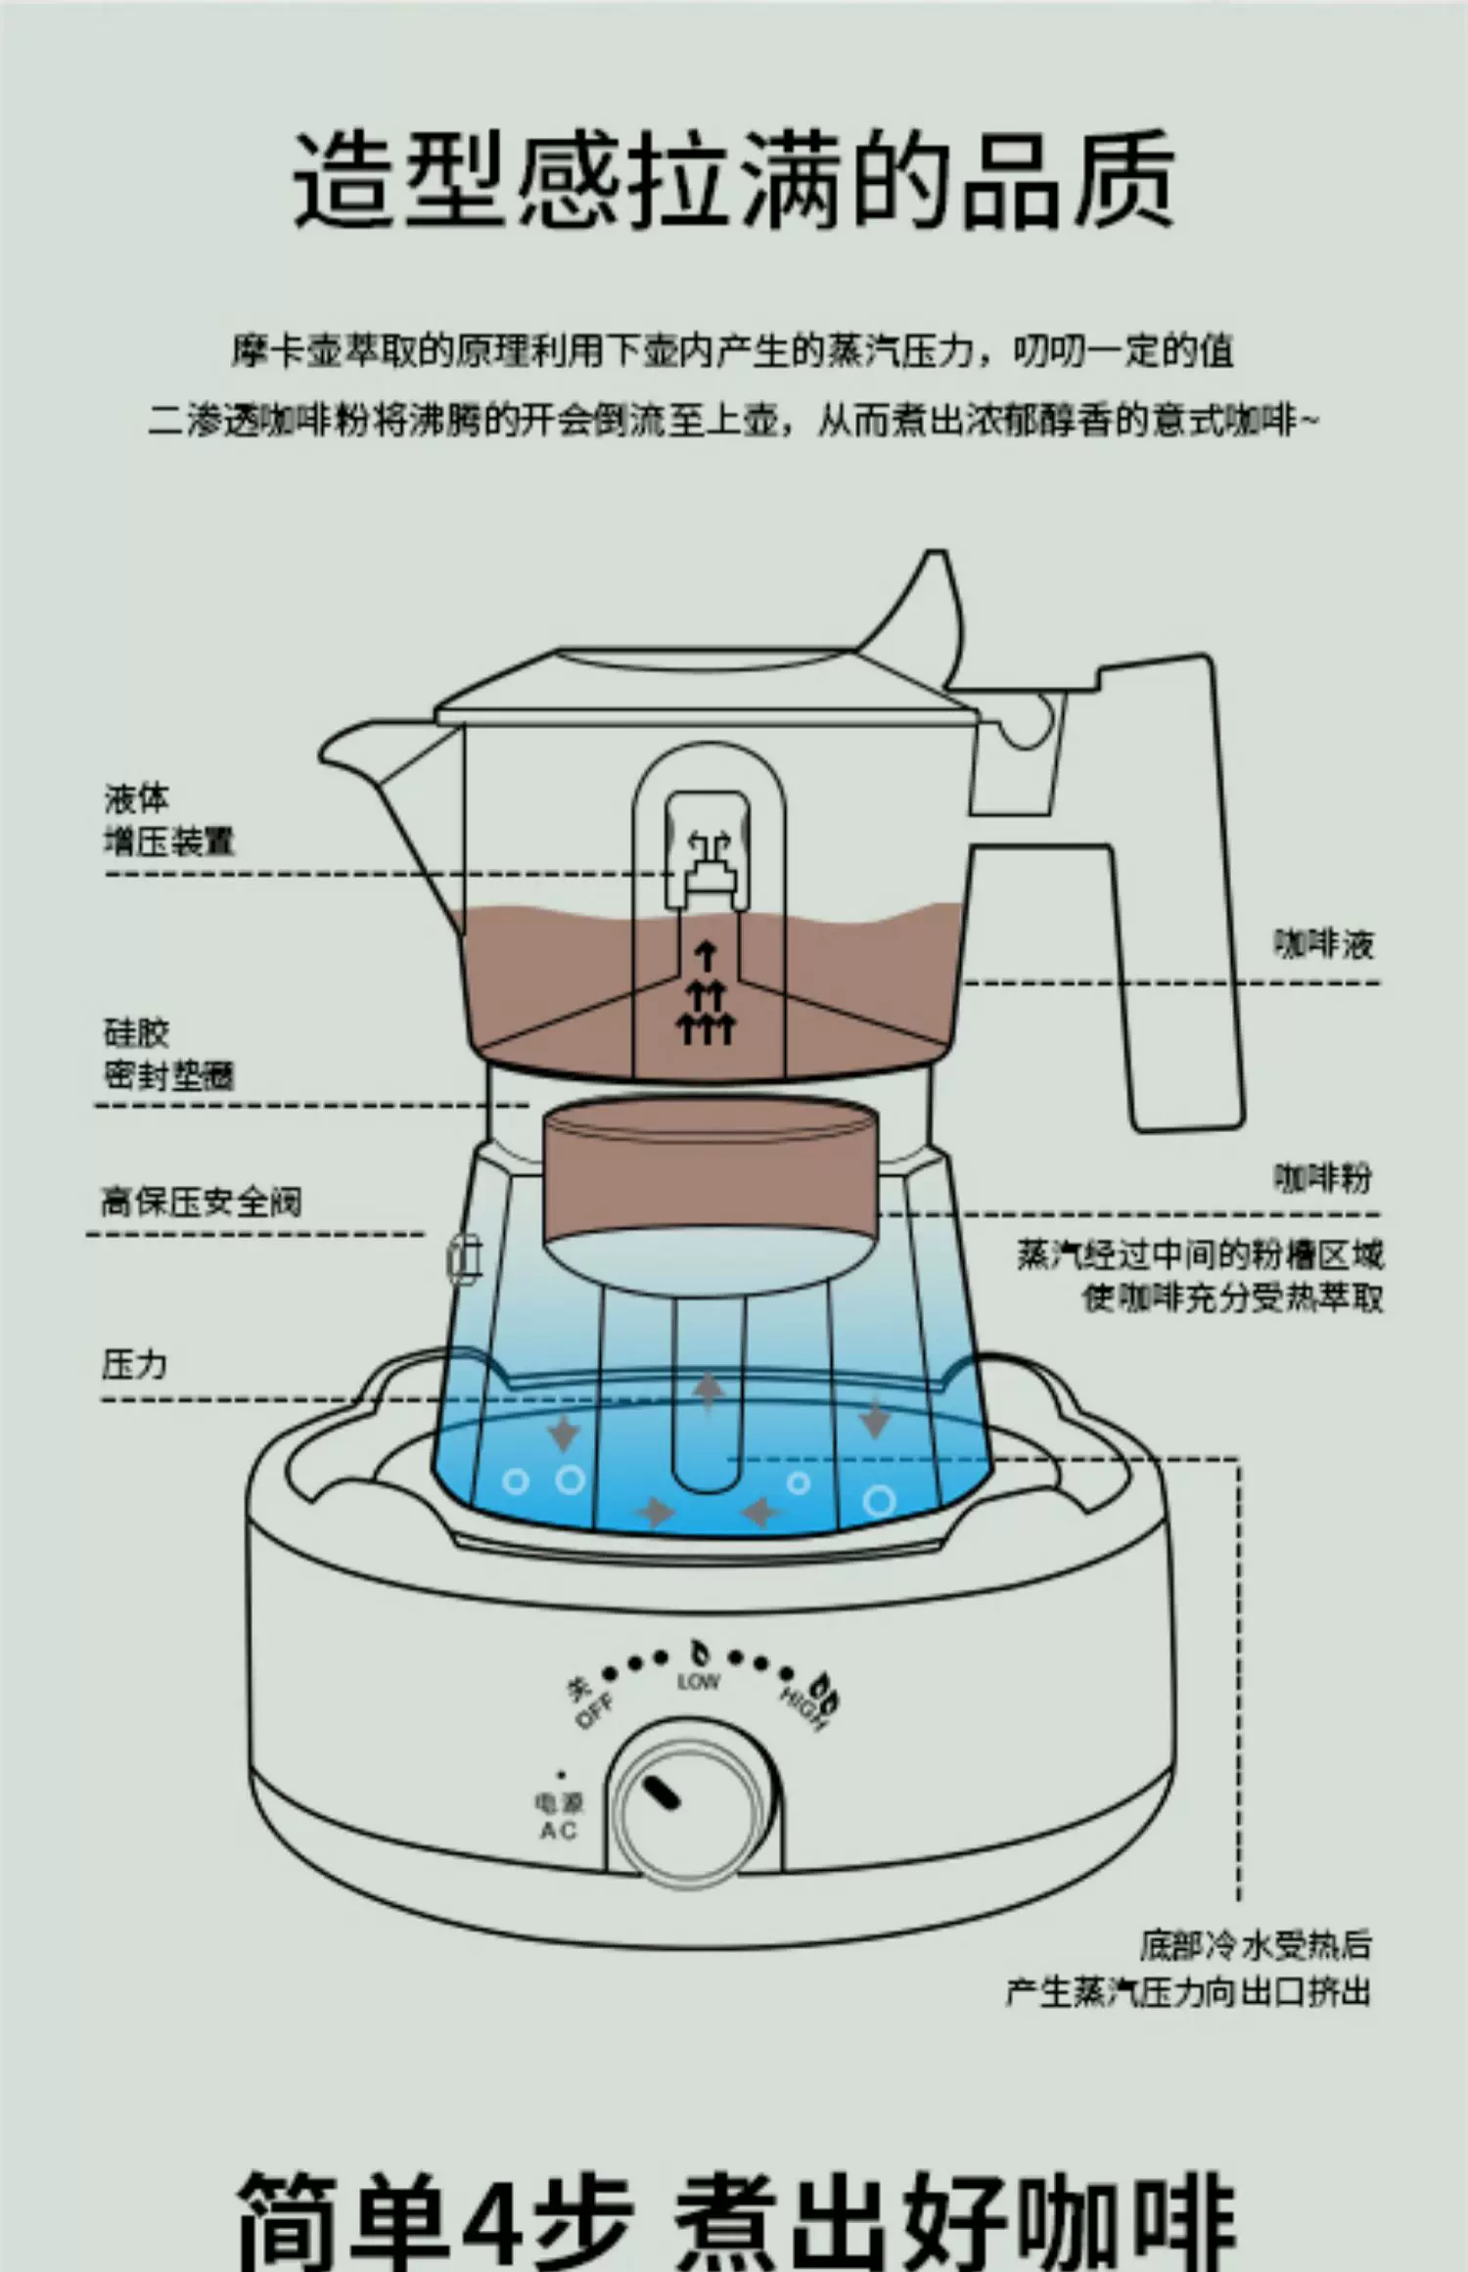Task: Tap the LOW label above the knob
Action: [698, 1682]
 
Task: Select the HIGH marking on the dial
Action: [803, 1708]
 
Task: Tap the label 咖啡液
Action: [1323, 944]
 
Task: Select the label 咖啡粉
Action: [1323, 1177]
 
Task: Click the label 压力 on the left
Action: [135, 1364]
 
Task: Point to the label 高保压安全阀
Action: [202, 1202]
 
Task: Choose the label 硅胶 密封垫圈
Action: [168, 1055]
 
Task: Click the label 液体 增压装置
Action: [168, 820]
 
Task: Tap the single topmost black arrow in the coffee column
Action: [706, 955]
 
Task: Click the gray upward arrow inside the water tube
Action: [708, 1390]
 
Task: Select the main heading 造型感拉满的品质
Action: [734, 181]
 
